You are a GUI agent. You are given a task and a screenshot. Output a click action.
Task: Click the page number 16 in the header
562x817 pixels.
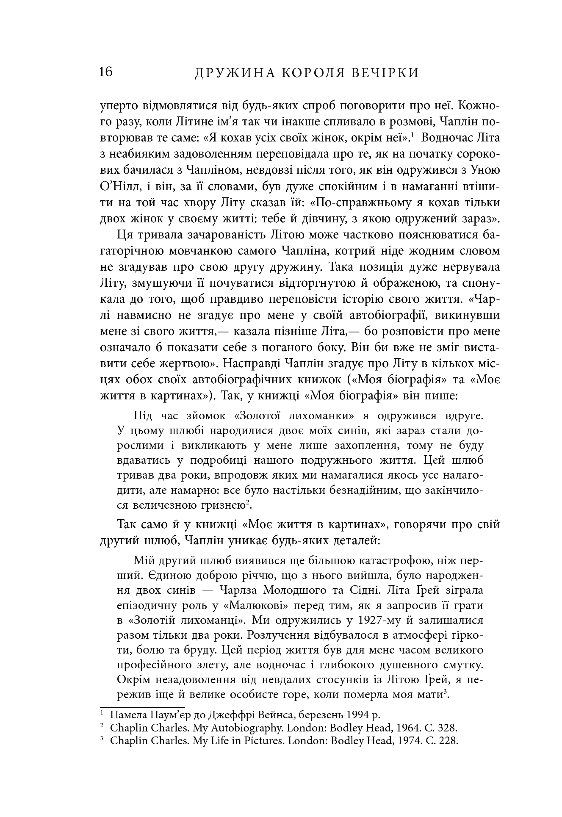[106, 72]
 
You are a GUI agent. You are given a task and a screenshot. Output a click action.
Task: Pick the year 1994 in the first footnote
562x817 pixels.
[357, 715]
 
